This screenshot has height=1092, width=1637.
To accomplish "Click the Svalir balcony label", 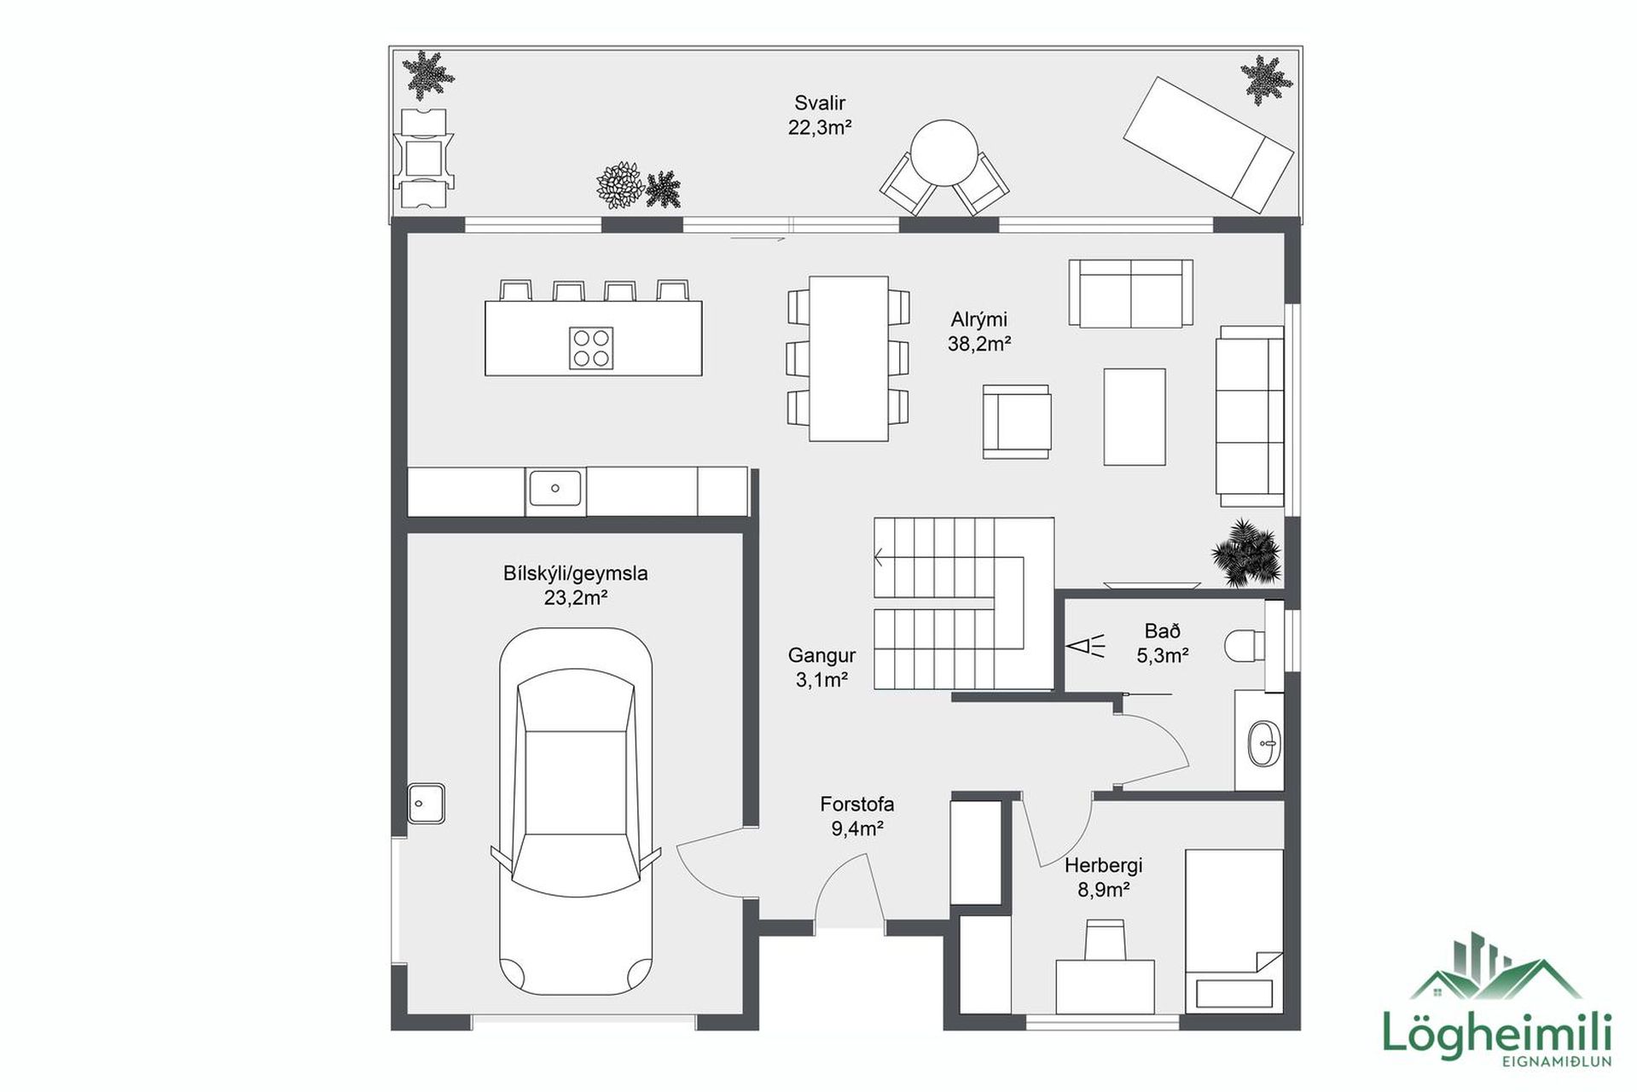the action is tap(820, 103).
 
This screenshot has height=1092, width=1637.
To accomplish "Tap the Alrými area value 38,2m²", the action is tap(979, 344).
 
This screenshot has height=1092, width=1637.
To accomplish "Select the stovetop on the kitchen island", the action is tap(591, 348).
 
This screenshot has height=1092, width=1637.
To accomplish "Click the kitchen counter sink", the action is tap(555, 489).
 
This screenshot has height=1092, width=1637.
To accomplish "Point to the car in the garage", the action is tap(576, 812).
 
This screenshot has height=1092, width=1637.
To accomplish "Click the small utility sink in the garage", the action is tap(427, 803).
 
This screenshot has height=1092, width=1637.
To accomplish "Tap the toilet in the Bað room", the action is tap(1245, 646).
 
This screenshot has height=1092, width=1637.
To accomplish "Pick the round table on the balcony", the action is tap(944, 154).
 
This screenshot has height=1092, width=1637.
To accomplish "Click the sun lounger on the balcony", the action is tap(1209, 144).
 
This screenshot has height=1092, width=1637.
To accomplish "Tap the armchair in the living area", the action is tap(1016, 421).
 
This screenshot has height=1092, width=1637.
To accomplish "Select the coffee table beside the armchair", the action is tap(1135, 417).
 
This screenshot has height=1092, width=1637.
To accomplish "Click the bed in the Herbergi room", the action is tap(1234, 929).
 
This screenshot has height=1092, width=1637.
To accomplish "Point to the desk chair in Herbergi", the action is tap(1106, 940).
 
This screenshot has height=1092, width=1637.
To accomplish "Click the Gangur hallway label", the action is tap(821, 655).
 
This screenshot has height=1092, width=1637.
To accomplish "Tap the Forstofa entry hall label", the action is tap(857, 804).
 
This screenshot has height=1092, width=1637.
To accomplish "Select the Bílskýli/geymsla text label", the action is tap(576, 573).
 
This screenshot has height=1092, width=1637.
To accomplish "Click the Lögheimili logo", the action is tap(1496, 999).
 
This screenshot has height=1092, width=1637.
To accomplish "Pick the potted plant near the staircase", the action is tap(1246, 553).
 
